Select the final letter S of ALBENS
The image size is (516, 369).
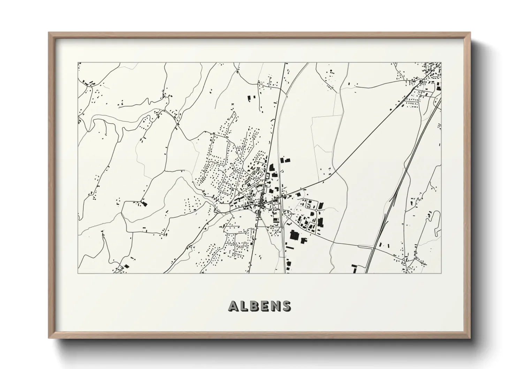click(286, 306)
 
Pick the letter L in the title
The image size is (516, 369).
click(244, 306)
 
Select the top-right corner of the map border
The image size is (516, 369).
click(441, 63)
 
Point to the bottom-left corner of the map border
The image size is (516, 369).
click(78, 273)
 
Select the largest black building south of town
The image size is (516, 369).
click(295, 235)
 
